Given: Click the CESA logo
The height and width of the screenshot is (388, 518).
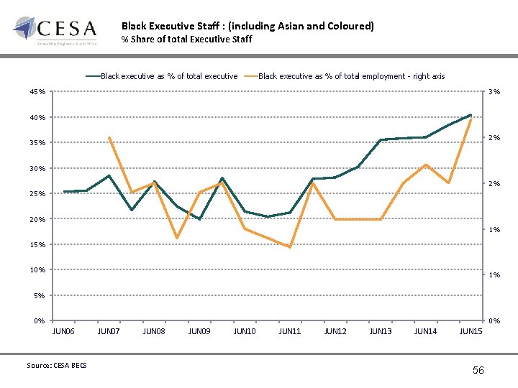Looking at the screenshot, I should [x=55, y=30].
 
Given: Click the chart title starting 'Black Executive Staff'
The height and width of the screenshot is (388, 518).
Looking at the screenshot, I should [x=247, y=26].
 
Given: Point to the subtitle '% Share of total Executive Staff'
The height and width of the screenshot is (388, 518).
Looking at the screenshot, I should [x=186, y=39].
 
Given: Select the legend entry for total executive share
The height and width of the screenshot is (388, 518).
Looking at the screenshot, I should [x=162, y=76].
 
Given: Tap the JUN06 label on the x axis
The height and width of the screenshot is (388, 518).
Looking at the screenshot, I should [x=63, y=331].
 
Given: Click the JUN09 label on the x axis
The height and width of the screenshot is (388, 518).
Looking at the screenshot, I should [x=199, y=331].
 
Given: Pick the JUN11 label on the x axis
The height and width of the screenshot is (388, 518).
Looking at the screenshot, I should [x=290, y=331].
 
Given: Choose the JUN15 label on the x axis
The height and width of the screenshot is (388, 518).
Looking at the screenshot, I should [x=471, y=331].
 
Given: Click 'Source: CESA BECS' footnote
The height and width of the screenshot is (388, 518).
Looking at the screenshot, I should [x=56, y=365].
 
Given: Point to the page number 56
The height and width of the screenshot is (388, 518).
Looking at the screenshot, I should [x=478, y=369].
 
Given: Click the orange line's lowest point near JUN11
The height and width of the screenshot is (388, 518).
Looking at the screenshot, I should [x=290, y=247].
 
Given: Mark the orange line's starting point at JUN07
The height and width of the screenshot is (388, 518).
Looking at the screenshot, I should [x=109, y=137].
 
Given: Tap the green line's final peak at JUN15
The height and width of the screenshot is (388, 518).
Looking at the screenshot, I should [x=471, y=115].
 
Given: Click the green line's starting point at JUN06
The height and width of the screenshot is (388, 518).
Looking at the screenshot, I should [x=64, y=192].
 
